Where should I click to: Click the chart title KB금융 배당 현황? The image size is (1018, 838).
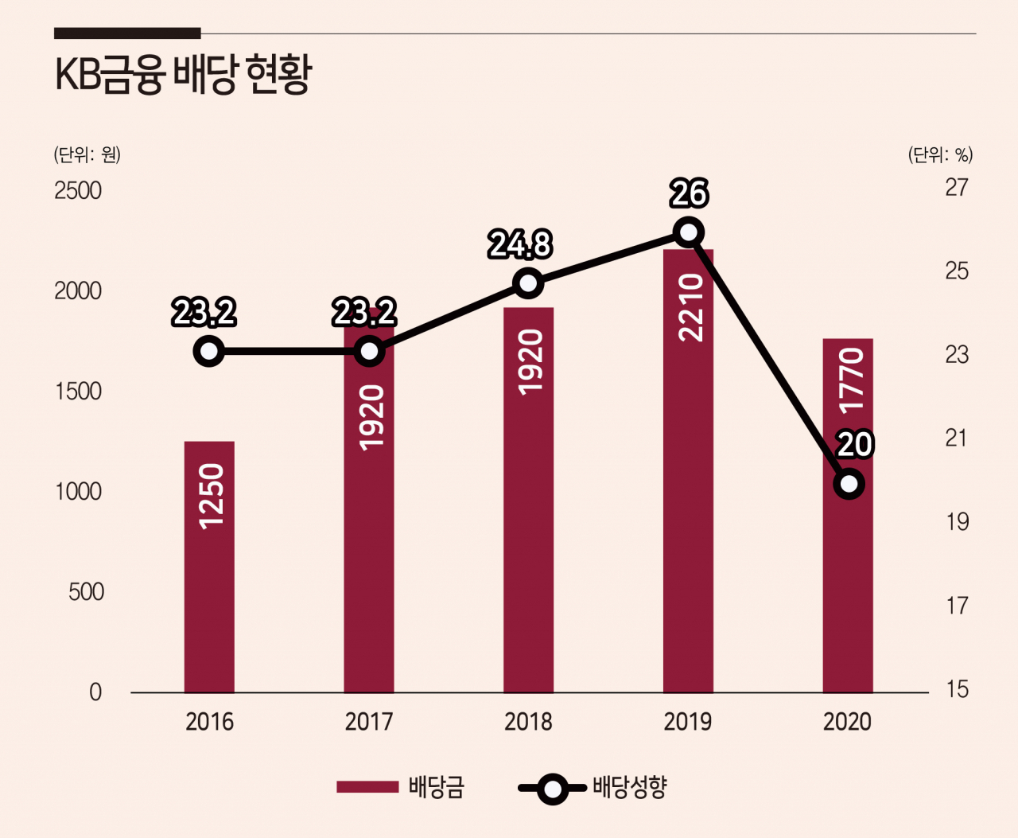[x=184, y=75]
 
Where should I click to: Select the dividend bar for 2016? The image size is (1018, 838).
[x=209, y=567]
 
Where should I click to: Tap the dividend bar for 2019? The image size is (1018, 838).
[x=688, y=471]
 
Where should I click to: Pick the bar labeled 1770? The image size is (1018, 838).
[x=848, y=516]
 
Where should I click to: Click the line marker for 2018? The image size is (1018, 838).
[x=529, y=283]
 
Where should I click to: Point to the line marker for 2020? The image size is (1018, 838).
[x=849, y=484]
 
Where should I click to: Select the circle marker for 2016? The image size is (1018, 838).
[x=209, y=351]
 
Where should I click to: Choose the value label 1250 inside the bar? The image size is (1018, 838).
[x=212, y=496]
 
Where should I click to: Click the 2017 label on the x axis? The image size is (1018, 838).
[x=369, y=722]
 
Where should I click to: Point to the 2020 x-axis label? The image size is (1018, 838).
[x=847, y=722]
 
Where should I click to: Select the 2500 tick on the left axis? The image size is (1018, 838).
[x=78, y=191]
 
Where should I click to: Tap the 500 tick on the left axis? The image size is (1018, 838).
[x=86, y=591]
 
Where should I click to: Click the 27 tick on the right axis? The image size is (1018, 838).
[x=957, y=187]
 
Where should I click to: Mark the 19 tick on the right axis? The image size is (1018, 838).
[x=957, y=522]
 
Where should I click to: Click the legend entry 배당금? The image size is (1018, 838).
[x=400, y=787]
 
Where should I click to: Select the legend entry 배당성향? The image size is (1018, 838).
[x=593, y=787]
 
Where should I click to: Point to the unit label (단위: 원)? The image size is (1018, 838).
[x=87, y=154]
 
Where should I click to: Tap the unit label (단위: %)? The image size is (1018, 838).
[x=940, y=154]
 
